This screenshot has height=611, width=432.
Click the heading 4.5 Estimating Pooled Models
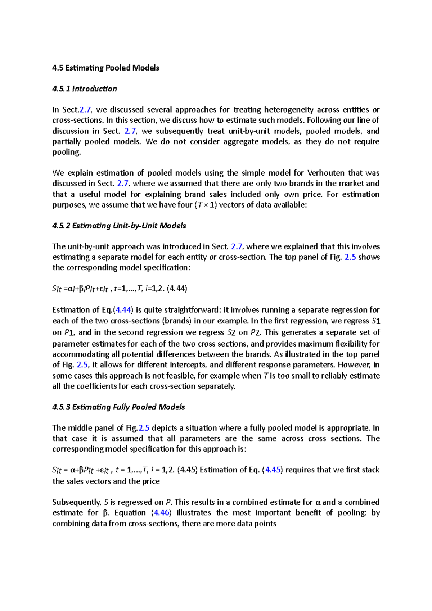[105, 68]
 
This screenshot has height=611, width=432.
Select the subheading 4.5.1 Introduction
[84, 89]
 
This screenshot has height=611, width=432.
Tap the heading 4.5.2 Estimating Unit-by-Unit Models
[119, 226]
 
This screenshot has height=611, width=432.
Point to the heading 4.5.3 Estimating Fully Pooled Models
[118, 407]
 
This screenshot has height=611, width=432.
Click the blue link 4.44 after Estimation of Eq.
[123, 310]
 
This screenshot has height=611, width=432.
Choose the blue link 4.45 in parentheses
[273, 470]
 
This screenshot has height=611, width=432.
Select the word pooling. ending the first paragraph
[67, 152]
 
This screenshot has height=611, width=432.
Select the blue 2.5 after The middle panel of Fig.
[144, 428]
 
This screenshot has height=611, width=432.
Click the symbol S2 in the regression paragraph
[231, 332]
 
